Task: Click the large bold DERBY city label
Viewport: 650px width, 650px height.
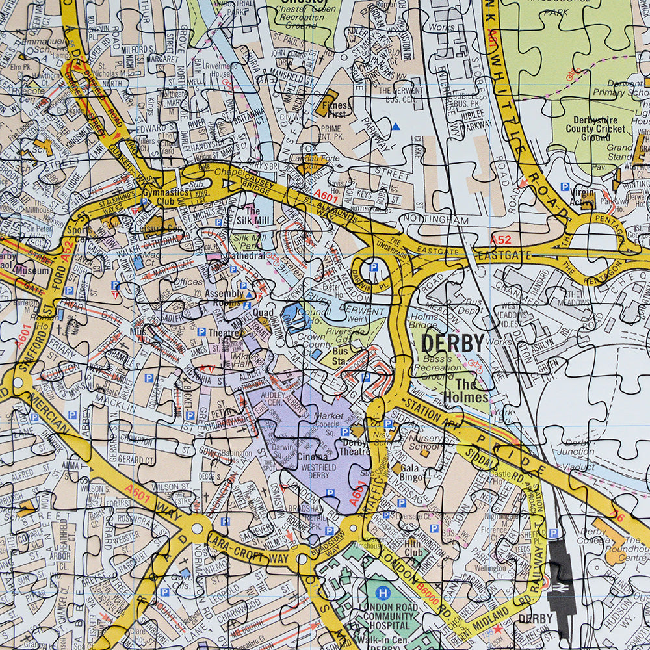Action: coord(453,343)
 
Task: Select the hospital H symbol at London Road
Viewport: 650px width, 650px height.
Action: coord(384,593)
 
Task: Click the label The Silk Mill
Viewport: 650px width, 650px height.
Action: coord(252,216)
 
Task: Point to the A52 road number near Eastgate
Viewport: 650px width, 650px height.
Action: coord(500,240)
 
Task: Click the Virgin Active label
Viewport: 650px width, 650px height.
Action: coord(582,197)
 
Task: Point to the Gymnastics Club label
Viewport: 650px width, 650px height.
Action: coord(166,197)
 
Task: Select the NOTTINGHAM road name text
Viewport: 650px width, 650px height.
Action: coord(435,220)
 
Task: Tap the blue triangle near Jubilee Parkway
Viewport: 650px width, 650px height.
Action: coord(396,125)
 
